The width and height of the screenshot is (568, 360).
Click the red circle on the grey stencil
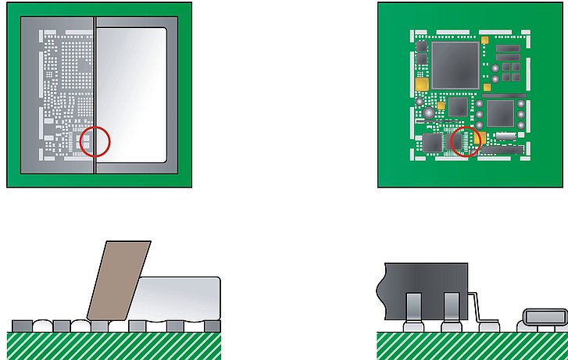pos(95,141)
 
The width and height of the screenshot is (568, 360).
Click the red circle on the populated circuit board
pos(466,141)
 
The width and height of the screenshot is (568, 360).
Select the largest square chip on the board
pos(455,63)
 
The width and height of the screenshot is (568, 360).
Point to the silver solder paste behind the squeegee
pos(181,297)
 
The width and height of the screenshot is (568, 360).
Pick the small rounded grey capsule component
pos(542,315)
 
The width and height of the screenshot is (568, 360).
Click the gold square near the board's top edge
pos(485,38)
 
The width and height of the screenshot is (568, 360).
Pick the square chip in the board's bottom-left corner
pos(432,142)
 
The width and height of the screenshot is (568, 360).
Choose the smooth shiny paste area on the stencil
pos(132,94)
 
